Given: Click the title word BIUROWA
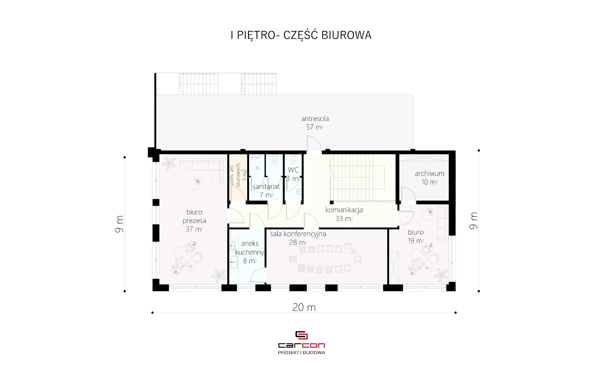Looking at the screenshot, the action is [347, 35].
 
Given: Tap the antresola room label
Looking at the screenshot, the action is [315, 119].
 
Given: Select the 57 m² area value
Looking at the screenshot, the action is [315, 127].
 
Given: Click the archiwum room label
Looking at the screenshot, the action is [430, 173].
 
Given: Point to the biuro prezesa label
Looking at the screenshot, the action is [194, 216].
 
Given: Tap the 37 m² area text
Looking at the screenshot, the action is [194, 229].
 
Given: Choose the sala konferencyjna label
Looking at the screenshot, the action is [298, 234].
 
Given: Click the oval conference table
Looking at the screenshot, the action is [325, 259].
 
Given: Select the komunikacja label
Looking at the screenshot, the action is [344, 210].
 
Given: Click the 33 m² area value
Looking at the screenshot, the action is [344, 219].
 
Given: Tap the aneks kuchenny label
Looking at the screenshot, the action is [249, 248].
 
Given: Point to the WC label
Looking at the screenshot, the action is [293, 170].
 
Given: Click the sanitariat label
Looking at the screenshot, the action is [266, 186].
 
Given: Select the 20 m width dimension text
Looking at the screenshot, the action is [304, 307].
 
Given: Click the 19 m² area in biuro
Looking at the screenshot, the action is [415, 241].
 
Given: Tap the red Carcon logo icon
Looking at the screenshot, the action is [301, 335].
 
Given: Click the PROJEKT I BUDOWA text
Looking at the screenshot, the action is [301, 352].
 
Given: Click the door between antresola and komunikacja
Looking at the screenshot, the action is [314, 144].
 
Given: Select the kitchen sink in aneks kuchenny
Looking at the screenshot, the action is [233, 246].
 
